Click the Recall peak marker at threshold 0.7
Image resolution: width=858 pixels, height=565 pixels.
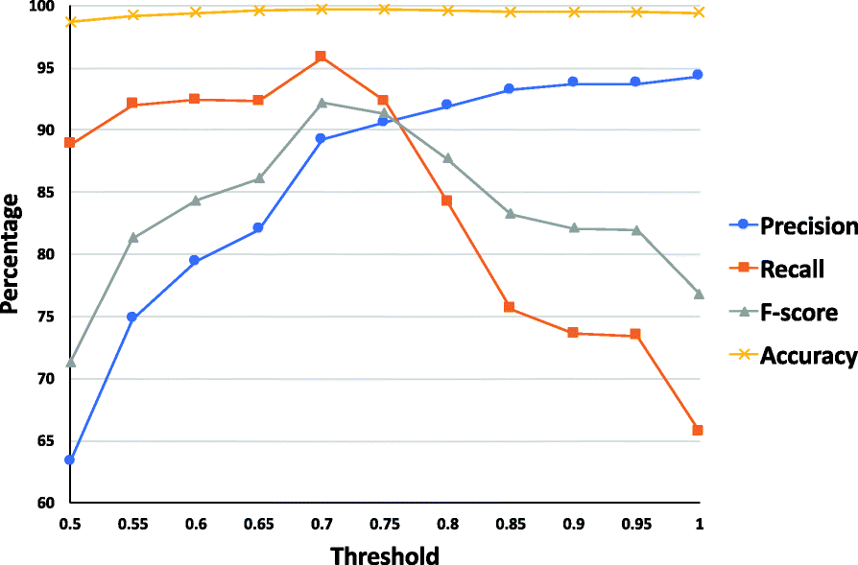[321, 57]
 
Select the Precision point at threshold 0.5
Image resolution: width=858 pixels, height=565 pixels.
[70, 459]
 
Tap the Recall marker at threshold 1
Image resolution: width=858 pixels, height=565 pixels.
[698, 430]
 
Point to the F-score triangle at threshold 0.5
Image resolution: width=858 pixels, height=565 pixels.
[70, 362]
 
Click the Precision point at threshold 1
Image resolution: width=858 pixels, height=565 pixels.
[698, 75]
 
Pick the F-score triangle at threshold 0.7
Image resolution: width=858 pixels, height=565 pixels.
[321, 103]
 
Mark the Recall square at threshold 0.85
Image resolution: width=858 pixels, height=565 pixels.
[510, 307]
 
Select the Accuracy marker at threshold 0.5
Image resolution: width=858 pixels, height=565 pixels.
[70, 21]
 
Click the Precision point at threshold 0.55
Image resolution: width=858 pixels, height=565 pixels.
[132, 317]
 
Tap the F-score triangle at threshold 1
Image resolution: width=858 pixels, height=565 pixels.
[698, 294]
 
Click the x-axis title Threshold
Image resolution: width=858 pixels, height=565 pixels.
[384, 555]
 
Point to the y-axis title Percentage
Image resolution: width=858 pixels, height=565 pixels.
[12, 253]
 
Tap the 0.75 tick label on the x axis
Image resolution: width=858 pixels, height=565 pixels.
[384, 524]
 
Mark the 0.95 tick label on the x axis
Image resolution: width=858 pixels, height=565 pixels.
[635, 524]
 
